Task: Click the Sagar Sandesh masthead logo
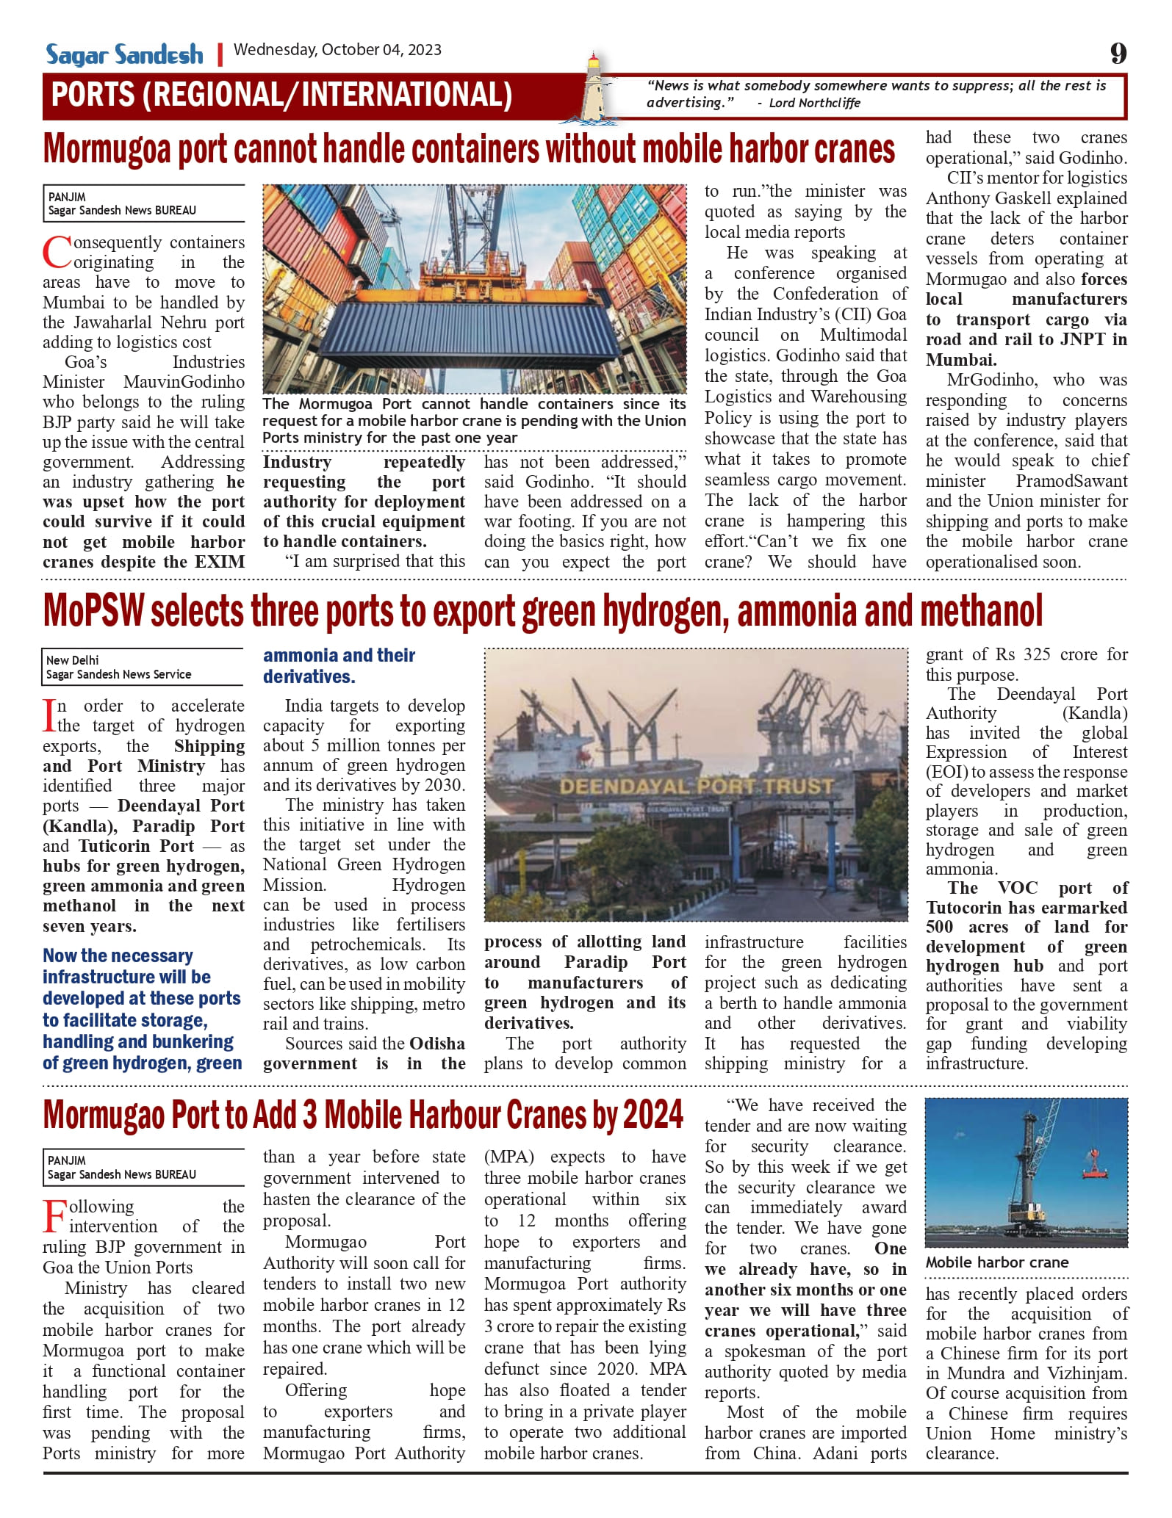point(124,54)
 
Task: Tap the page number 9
point(1118,54)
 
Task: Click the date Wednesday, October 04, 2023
point(337,50)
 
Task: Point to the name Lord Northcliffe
point(814,103)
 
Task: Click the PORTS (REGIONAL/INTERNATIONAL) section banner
point(281,95)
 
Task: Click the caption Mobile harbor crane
point(996,1262)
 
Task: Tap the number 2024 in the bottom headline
point(653,1115)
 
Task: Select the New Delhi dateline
point(72,660)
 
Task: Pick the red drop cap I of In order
point(49,715)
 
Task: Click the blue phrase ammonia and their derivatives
point(339,665)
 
